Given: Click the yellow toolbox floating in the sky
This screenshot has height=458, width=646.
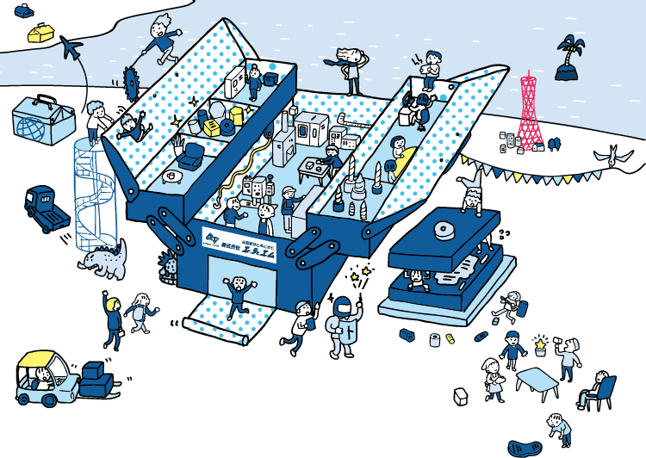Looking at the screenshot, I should click(x=41, y=32).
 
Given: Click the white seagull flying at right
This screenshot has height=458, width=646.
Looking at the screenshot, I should click(x=612, y=158).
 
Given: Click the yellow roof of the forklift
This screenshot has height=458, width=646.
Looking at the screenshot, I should click(x=43, y=359).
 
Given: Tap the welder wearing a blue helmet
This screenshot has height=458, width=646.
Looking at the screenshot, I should click(x=342, y=325).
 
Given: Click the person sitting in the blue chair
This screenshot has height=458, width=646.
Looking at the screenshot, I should click(x=597, y=387).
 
